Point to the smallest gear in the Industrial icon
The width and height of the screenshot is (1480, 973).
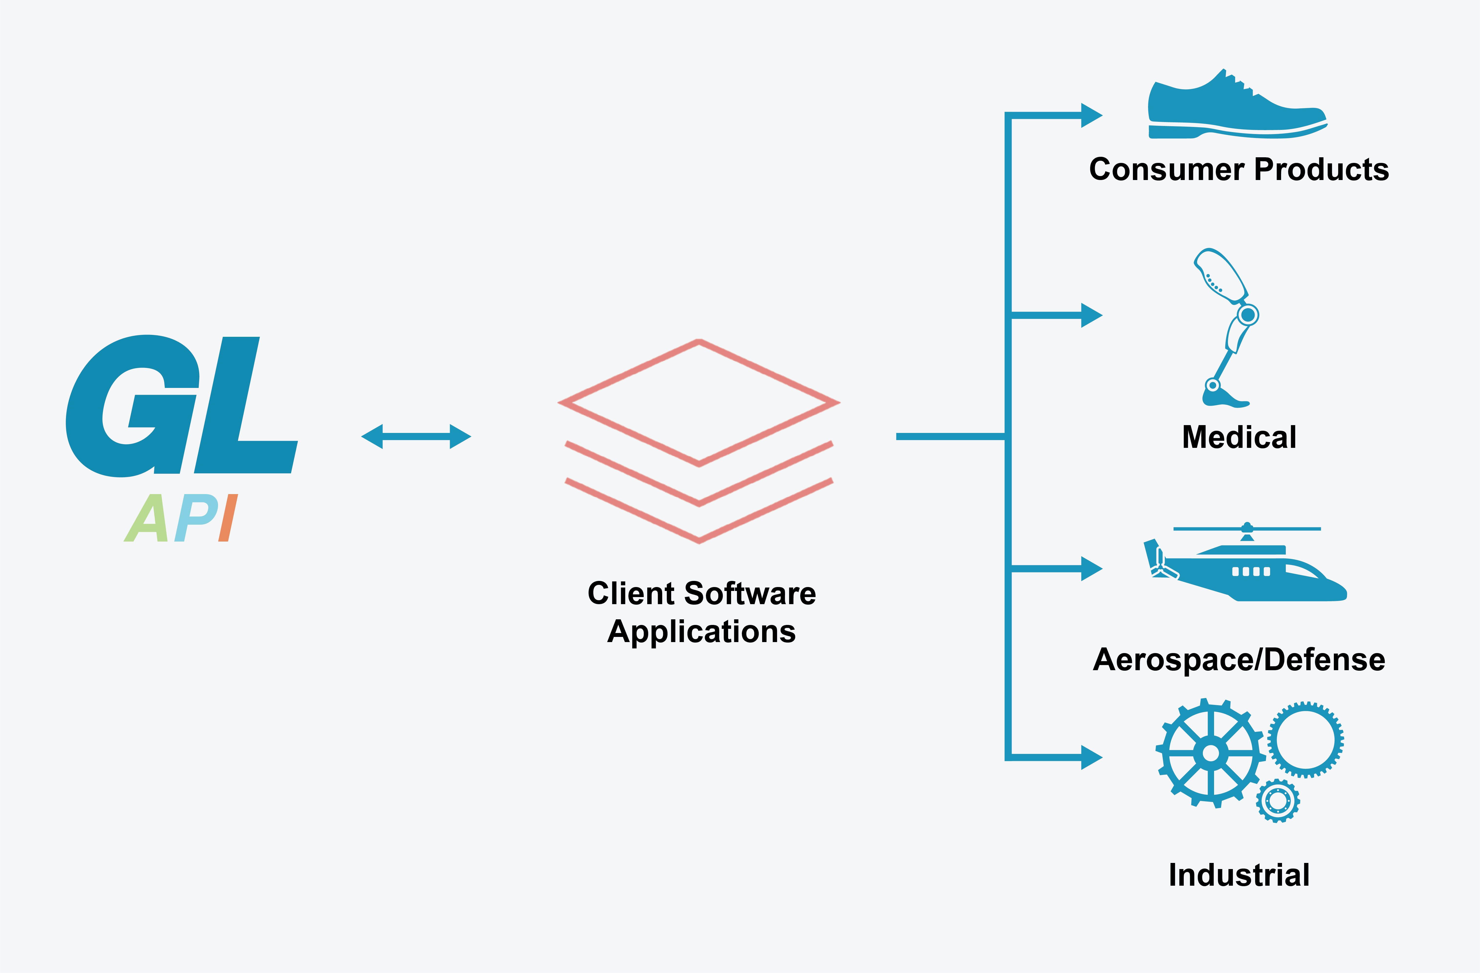point(1278,801)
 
